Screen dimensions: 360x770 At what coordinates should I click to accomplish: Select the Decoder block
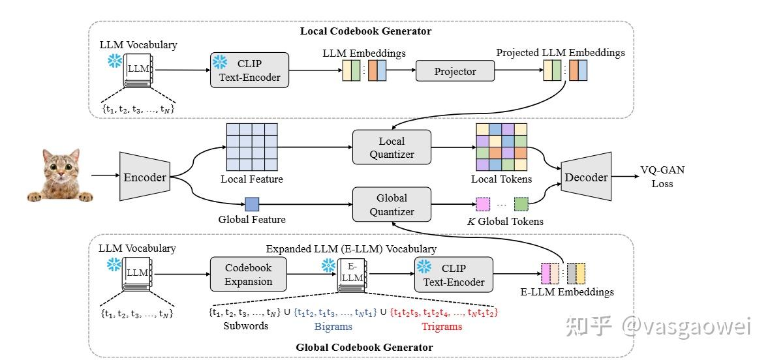coord(585,177)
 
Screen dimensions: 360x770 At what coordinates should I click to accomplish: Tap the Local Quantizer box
coord(392,147)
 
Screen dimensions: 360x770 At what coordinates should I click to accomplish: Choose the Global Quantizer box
coord(392,204)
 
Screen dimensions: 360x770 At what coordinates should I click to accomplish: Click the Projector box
coord(455,71)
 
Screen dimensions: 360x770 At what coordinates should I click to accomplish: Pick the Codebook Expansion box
coord(248,274)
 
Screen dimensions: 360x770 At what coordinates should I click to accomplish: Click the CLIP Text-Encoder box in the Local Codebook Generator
coord(250,71)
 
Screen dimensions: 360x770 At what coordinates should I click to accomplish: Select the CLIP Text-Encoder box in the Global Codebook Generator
coord(454,275)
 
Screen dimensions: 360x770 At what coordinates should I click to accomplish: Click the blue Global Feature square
coord(252,204)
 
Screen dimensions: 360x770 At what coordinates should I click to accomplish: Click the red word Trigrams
coord(441,326)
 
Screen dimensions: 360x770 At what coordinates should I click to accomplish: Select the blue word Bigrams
coord(333,326)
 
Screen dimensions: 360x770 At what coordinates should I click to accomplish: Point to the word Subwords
coord(245,325)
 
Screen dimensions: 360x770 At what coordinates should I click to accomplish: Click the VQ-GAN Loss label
coord(663,177)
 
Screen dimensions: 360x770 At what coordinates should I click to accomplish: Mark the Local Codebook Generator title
coord(365,31)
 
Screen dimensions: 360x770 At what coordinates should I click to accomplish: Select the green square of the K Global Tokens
coord(521,204)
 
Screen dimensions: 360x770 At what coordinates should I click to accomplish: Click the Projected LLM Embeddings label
coord(560,52)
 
